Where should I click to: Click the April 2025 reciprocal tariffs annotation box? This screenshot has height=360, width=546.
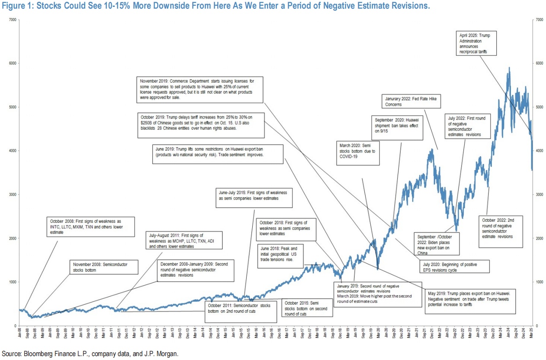pos(477,43)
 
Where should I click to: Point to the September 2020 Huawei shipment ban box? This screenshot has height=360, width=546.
pos(397,128)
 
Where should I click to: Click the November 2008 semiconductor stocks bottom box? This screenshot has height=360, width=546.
pos(104,267)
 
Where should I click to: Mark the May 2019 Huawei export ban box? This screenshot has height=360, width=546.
pos(468,299)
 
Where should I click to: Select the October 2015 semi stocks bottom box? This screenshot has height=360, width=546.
pos(308,308)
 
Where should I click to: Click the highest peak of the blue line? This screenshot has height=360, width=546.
pos(509,68)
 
